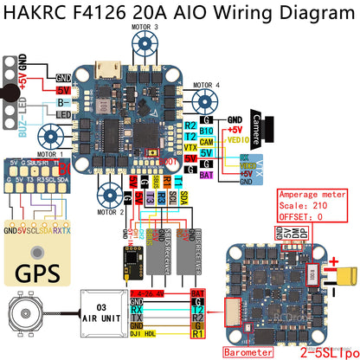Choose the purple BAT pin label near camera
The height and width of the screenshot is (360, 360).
click(206, 173)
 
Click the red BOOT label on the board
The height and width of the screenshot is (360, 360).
click(170, 161)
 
